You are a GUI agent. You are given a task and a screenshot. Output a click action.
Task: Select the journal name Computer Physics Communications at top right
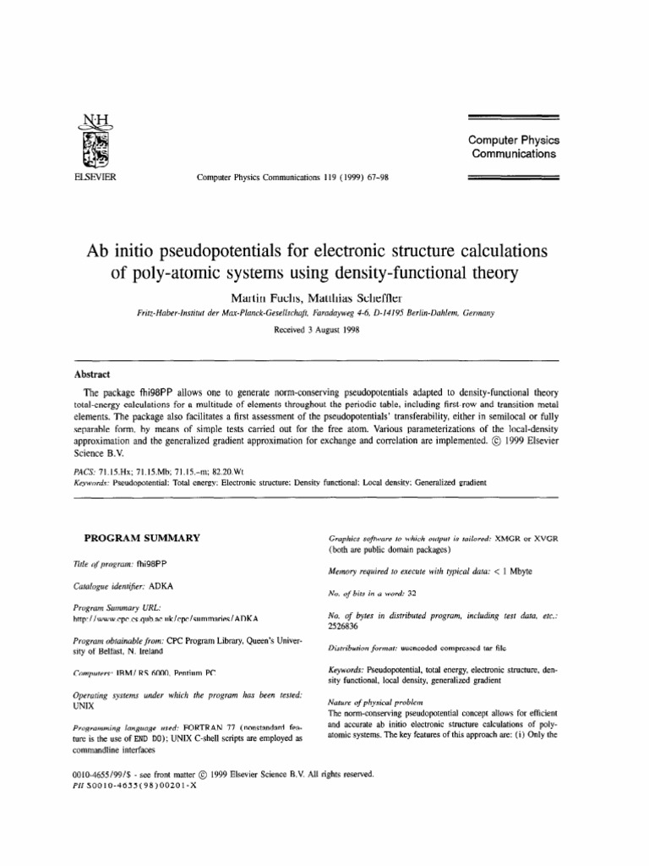(513, 146)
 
